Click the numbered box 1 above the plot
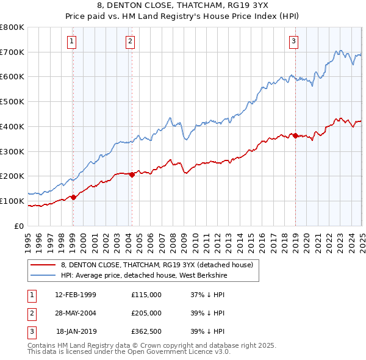(x=72, y=41)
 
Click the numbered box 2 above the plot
(x=131, y=41)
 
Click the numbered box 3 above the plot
(x=293, y=41)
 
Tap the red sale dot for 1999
(x=73, y=197)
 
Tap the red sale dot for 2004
(x=132, y=175)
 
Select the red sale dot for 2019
(x=295, y=135)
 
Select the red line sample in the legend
(x=43, y=265)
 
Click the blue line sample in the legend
(x=43, y=275)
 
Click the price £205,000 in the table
(x=146, y=313)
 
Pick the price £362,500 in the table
(x=146, y=331)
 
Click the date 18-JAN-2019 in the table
(x=76, y=331)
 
